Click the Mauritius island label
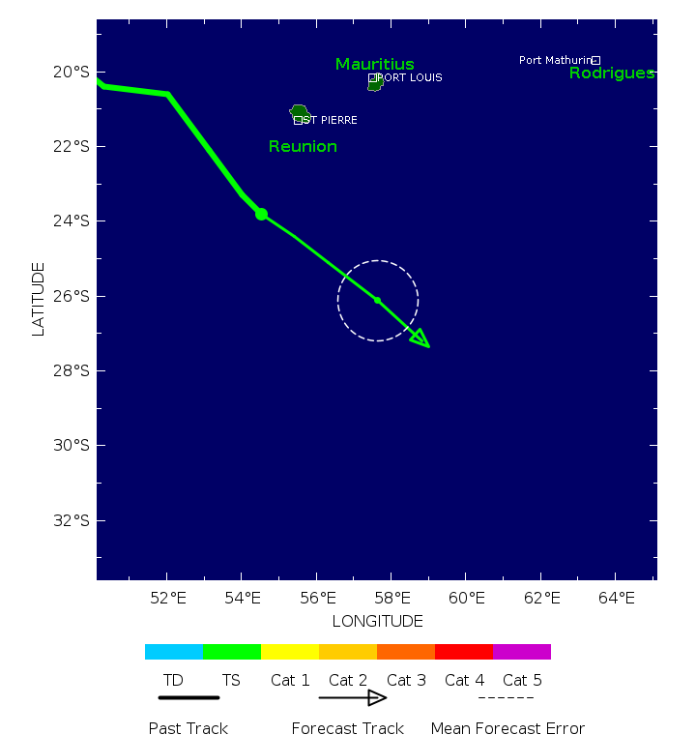(374, 65)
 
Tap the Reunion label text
(303, 147)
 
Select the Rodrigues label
(611, 73)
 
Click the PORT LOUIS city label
(410, 77)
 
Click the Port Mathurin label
(555, 60)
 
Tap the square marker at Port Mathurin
(596, 60)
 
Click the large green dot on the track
(261, 214)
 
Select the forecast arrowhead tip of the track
(428, 345)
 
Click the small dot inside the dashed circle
(377, 300)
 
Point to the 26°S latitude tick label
(71, 296)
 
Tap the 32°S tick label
(71, 520)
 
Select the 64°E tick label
(616, 597)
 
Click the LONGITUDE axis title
(377, 621)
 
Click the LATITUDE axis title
(39, 299)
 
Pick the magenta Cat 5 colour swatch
(522, 652)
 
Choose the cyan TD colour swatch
(174, 652)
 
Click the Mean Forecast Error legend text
(507, 728)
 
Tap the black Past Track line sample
(188, 697)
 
